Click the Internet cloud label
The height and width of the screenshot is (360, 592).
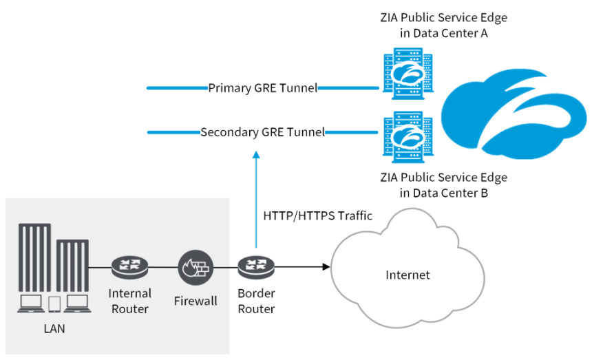408,275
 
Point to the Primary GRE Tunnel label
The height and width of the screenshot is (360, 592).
262,88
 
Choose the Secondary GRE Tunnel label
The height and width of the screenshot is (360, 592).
262,132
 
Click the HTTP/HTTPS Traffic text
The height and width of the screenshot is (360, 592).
317,215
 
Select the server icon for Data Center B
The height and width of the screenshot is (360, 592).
403,135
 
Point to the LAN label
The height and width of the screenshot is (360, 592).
54,328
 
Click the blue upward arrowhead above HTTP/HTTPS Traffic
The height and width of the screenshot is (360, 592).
256,156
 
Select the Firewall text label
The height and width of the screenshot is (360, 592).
195,301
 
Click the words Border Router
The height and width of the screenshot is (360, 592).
256,301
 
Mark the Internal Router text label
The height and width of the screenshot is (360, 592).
129,301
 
